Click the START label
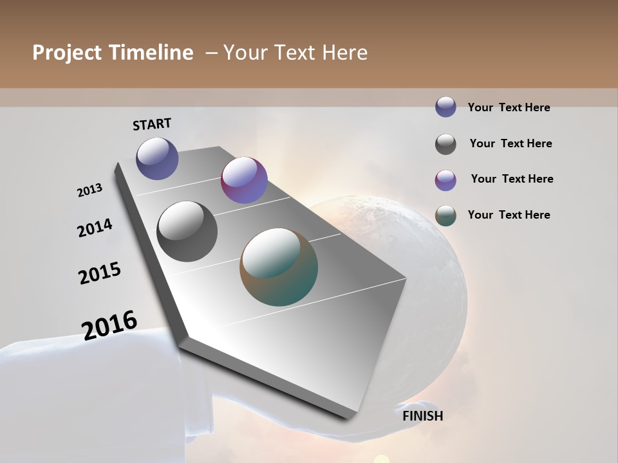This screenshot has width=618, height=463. pyautogui.click(x=152, y=124)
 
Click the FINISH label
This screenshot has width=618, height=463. pyautogui.click(x=422, y=416)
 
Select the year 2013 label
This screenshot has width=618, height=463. pyautogui.click(x=90, y=190)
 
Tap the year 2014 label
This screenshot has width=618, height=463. pyautogui.click(x=95, y=228)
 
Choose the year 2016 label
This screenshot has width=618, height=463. pyautogui.click(x=109, y=325)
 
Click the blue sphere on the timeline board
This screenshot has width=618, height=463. pyautogui.click(x=157, y=158)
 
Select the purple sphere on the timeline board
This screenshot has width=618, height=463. pyautogui.click(x=244, y=180)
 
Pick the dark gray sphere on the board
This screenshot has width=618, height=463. pyautogui.click(x=187, y=232)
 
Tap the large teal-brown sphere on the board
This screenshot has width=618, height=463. pyautogui.click(x=279, y=267)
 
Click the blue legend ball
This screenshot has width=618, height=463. pyautogui.click(x=445, y=107)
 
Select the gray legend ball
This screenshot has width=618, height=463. pyautogui.click(x=445, y=144)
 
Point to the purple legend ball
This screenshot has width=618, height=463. pyautogui.click(x=445, y=180)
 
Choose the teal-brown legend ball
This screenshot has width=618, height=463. pyautogui.click(x=445, y=216)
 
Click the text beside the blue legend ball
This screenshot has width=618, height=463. pyautogui.click(x=509, y=107)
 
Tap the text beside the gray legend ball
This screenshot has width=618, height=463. pyautogui.click(x=510, y=143)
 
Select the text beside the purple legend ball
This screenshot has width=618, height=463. pyautogui.click(x=512, y=179)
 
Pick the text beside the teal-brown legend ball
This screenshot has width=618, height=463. pyautogui.click(x=509, y=215)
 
